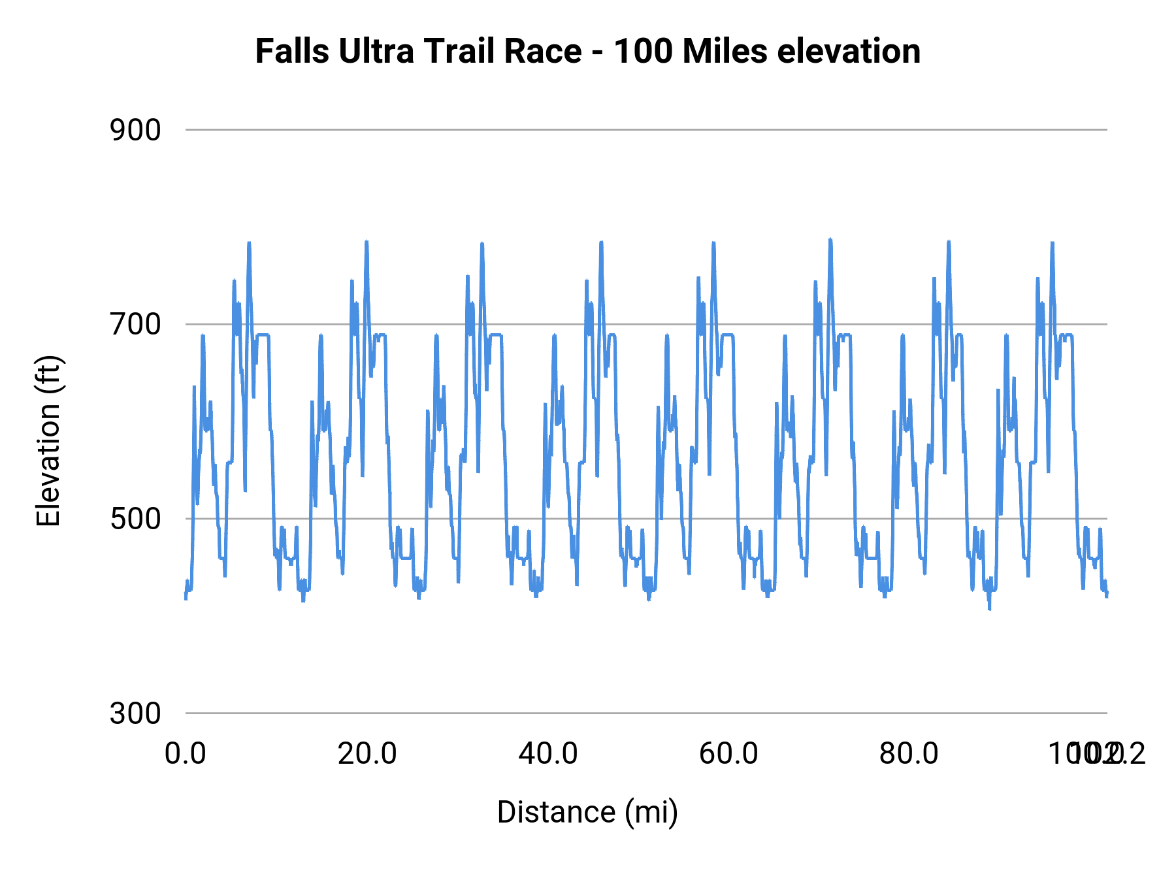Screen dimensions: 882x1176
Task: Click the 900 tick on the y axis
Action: pos(135,130)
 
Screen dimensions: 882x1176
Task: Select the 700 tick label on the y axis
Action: pos(135,324)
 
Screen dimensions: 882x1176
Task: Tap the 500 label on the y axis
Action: pos(135,519)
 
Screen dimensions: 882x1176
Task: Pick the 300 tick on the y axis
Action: pos(135,713)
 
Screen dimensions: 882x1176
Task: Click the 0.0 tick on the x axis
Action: pos(186,754)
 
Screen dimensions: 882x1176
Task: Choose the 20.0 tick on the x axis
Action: pos(367,754)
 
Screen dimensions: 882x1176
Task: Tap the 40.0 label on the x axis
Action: pos(548,754)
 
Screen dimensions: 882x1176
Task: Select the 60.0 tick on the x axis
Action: pos(728,754)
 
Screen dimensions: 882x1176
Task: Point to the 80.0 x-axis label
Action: pos(909,754)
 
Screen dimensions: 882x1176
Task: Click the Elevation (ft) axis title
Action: pos(48,441)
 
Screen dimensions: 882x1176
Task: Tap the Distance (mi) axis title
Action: pos(587,812)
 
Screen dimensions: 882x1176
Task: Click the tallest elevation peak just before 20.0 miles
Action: pos(367,242)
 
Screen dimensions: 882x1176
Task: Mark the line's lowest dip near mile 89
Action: pos(989,608)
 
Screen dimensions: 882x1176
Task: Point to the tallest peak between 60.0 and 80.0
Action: pos(830,240)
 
